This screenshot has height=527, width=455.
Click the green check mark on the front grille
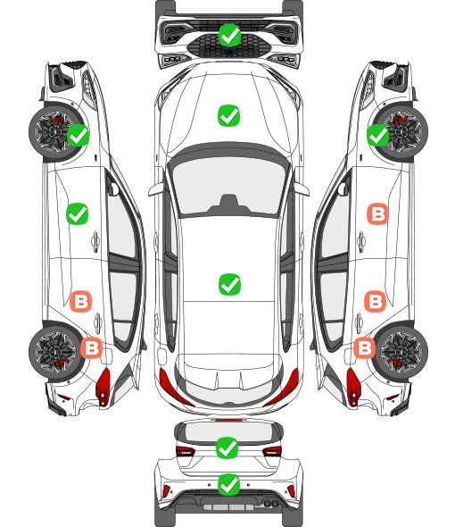click(229, 35)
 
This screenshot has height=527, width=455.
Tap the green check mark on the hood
click(229, 115)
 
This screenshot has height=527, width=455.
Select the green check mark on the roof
click(229, 284)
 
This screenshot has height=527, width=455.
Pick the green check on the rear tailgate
click(227, 448)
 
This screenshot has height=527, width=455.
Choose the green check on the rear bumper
click(228, 485)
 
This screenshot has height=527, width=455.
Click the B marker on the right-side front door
click(377, 213)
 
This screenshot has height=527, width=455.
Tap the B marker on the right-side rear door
click(375, 302)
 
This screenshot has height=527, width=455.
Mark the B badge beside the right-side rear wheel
click(365, 347)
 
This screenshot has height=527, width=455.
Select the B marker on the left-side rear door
click(80, 302)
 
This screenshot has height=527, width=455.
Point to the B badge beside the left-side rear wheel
click(91, 347)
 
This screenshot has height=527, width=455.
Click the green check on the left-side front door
click(78, 213)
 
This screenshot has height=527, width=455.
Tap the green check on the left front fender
click(79, 135)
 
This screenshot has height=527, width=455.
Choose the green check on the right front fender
click(377, 135)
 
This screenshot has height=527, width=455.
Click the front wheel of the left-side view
click(54, 132)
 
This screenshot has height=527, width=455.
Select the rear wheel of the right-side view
click(402, 351)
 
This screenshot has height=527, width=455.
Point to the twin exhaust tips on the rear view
click(270, 503)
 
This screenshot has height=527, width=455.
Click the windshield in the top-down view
click(228, 187)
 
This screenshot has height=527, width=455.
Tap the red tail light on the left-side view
click(103, 386)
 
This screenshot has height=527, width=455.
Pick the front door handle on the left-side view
click(95, 242)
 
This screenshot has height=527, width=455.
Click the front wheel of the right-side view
click(402, 132)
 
